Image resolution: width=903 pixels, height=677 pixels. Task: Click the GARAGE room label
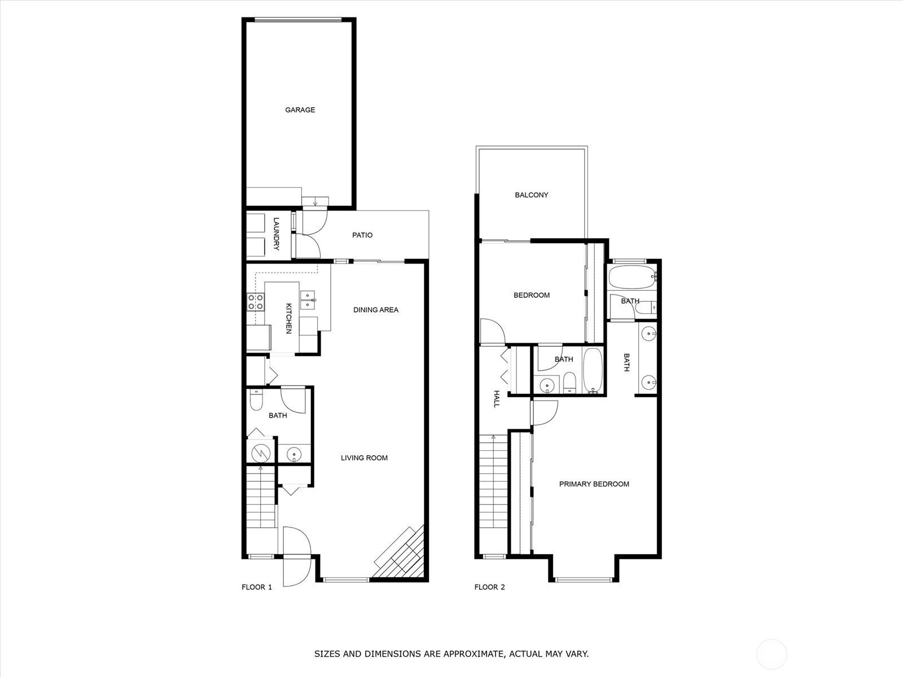tap(300, 110)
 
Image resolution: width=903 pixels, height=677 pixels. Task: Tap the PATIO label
tap(362, 235)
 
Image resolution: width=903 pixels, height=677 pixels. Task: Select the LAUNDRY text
tap(276, 234)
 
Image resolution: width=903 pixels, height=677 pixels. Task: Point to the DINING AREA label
tap(376, 310)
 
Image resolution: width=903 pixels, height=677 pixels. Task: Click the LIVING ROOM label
tap(364, 458)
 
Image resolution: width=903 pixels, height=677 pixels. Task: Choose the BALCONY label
tap(532, 195)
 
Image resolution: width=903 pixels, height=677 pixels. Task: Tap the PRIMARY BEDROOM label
tap(594, 484)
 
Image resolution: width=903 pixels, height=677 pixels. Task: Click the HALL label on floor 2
tap(497, 399)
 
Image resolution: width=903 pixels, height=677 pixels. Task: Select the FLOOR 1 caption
tap(257, 587)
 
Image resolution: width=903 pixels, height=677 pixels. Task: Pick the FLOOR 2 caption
tap(489, 587)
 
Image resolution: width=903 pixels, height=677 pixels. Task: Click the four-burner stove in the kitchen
tap(256, 302)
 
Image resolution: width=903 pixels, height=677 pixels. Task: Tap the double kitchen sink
tap(308, 300)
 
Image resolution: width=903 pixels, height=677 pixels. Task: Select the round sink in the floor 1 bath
tap(294, 454)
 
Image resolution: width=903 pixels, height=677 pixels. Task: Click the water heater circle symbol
tap(261, 453)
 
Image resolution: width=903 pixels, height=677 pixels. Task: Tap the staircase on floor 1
tap(261, 497)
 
